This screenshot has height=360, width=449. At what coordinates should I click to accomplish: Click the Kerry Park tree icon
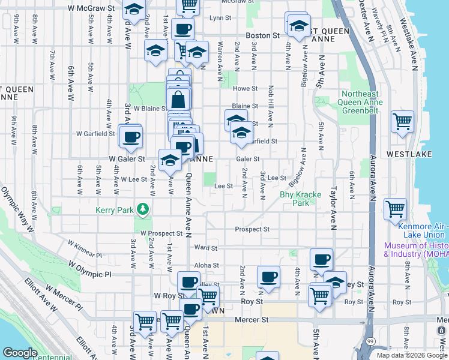[x=143, y=209]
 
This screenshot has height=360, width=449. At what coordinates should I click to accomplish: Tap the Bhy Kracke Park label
[x=301, y=199]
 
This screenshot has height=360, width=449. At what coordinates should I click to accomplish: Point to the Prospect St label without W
[x=252, y=229]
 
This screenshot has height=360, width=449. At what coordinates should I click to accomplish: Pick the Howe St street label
[x=245, y=88]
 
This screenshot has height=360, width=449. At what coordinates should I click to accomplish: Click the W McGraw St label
[x=91, y=8]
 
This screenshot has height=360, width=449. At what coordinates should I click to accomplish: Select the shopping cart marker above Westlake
[x=402, y=122]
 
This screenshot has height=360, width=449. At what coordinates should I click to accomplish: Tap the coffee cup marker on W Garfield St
[x=130, y=136]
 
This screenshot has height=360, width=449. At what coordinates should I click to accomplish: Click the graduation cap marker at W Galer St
[x=170, y=160]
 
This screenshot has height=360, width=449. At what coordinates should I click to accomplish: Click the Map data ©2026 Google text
[x=412, y=355]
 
